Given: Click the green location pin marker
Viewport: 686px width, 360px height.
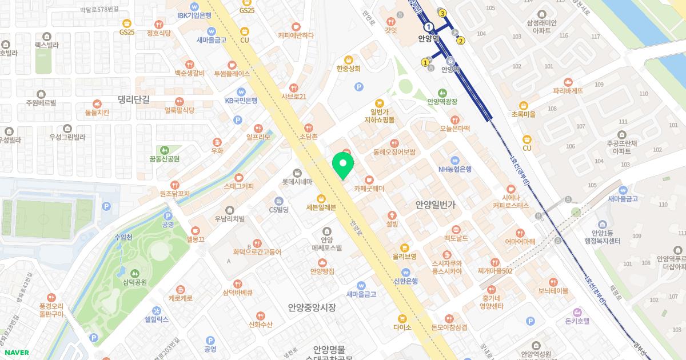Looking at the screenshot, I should click(343, 166).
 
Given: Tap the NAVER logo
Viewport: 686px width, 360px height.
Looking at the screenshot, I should click(16, 353).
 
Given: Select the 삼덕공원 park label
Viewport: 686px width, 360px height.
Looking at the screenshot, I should click(134, 282).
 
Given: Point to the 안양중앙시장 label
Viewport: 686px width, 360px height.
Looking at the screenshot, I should click(312, 307).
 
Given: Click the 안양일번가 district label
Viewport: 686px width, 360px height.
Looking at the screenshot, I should click(436, 205).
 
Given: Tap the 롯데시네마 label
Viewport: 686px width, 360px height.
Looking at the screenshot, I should click(297, 182).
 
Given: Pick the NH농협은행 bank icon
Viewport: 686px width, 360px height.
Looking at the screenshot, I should click(454, 160).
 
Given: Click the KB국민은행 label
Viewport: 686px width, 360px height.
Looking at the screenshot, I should click(241, 101).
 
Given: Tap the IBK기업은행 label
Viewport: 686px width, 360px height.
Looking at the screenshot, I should click(194, 15).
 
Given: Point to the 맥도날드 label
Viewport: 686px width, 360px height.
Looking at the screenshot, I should click(456, 238).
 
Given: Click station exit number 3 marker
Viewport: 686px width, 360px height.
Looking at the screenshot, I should click(442, 13).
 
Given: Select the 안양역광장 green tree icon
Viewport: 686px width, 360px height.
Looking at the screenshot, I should click(442, 93).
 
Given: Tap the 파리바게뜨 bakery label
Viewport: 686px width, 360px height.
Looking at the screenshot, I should click(568, 91).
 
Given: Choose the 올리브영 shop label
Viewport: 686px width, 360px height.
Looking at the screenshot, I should click(404, 257).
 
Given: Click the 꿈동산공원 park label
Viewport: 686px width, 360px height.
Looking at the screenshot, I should click(165, 159).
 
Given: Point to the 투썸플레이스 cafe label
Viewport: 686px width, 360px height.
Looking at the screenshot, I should click(232, 74).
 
